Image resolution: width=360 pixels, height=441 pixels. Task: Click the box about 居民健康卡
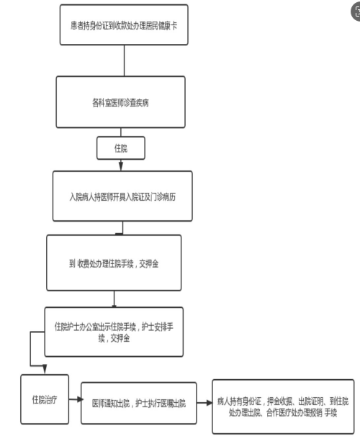[x=124, y=24]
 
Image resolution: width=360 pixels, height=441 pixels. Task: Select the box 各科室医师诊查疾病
[x=120, y=102]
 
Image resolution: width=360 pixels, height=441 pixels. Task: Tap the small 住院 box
[x=121, y=148]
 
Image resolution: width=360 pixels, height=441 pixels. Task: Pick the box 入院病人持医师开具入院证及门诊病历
[x=122, y=196]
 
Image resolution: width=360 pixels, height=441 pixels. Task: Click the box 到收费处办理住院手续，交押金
[x=114, y=263]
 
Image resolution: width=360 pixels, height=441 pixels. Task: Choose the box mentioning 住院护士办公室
[x=114, y=332]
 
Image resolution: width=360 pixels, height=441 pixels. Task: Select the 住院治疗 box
[x=45, y=399]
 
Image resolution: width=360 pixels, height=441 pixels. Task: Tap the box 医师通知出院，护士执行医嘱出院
[x=138, y=403]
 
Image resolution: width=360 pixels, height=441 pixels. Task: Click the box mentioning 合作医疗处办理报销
[x=283, y=406]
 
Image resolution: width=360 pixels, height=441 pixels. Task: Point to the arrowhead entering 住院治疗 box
[x=45, y=369]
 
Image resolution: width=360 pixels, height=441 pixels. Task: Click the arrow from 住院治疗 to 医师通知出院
[x=75, y=399]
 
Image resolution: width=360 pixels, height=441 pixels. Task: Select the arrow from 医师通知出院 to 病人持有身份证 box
[x=204, y=403]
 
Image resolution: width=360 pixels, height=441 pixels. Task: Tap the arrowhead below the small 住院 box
[x=121, y=165]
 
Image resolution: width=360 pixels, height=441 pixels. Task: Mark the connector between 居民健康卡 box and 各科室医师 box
[x=124, y=60]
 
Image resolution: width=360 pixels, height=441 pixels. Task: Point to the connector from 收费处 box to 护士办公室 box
[x=114, y=299]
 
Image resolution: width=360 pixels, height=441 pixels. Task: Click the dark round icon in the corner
[x=356, y=12]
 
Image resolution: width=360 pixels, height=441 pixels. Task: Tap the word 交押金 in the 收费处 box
[x=148, y=263]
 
